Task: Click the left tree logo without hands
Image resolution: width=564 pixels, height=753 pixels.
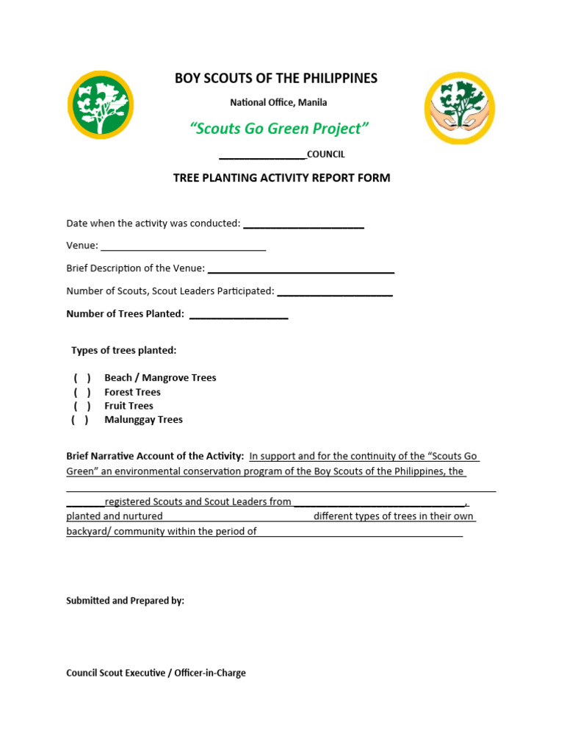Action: tap(101, 105)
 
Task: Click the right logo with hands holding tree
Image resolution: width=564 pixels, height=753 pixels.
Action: tap(460, 107)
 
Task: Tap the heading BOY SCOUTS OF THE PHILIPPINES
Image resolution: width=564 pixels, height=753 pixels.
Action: tap(275, 79)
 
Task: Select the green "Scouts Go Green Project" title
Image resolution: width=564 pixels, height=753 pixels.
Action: tap(278, 129)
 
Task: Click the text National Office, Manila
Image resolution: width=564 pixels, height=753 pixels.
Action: tap(278, 102)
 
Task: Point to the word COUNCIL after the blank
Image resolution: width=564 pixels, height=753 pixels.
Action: tap(325, 154)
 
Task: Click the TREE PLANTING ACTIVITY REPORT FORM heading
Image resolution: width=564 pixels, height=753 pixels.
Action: tap(281, 178)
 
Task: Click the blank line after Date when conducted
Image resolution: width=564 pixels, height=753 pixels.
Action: tap(303, 225)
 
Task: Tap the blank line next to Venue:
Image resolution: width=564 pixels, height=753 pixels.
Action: tap(183, 247)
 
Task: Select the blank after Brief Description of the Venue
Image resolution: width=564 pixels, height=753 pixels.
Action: tap(301, 270)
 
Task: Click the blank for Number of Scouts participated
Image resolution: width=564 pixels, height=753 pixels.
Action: tap(335, 292)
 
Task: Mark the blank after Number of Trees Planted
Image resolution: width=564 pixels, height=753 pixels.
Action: tap(239, 315)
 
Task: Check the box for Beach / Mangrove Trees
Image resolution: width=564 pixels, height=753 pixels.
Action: tap(82, 378)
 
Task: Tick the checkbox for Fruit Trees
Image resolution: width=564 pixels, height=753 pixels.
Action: tap(82, 406)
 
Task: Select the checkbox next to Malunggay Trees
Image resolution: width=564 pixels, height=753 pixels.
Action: tap(80, 420)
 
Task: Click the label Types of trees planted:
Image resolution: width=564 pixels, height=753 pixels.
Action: tap(123, 350)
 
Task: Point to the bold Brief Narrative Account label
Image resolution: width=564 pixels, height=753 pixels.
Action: tap(155, 457)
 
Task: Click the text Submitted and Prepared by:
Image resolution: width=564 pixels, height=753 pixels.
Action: tap(125, 601)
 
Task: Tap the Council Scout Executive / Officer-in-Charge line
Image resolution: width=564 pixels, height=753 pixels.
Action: tap(156, 673)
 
